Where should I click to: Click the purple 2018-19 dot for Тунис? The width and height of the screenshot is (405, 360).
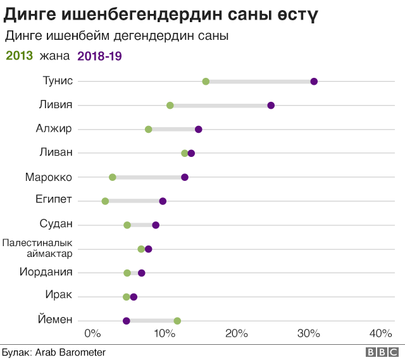314,81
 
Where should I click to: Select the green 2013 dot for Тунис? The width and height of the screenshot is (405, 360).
206,81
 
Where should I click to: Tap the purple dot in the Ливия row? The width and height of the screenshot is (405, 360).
271,105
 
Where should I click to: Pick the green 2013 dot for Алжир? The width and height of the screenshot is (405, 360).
148,129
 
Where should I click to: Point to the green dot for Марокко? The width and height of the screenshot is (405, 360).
112,177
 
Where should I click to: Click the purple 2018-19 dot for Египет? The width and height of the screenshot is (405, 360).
163,201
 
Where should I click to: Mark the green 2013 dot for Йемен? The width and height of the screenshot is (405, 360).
177,321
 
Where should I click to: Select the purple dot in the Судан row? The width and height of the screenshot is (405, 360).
156,225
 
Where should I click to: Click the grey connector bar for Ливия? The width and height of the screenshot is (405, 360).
220,105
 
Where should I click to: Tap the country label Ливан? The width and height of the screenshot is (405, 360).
56,152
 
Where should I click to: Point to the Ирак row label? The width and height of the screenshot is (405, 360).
59,295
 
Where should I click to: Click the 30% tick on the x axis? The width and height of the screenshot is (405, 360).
309,333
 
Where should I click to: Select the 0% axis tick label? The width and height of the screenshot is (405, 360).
92,333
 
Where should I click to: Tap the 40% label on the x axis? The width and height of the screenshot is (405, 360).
381,333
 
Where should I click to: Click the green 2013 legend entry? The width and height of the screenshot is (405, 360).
19,56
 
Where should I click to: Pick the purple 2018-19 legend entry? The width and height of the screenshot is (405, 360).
99,56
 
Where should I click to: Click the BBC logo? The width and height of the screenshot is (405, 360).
382,352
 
